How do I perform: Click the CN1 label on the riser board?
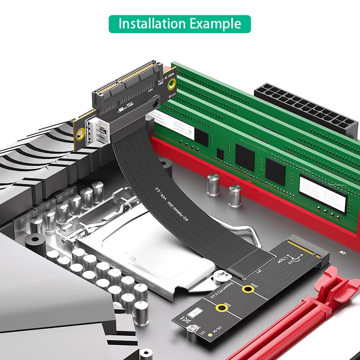click(x=151, y=90)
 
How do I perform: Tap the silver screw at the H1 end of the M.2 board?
click(x=191, y=330)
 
